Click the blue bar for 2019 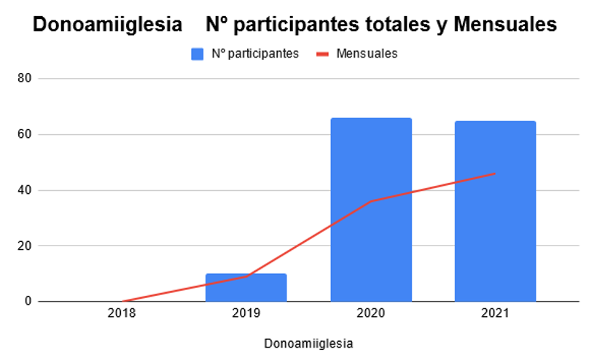pos(246,288)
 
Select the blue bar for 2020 pos(371,209)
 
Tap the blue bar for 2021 pos(495,211)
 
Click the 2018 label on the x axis pos(122,313)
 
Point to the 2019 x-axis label pos(246,313)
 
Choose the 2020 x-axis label pos(371,313)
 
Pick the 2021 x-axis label pos(495,313)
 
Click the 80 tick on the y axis pos(24,78)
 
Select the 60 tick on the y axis pos(24,134)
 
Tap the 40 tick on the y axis pos(24,190)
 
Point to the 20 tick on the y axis pos(24,246)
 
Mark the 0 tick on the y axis pos(28,301)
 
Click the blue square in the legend pos(198,54)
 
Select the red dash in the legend pos(322,55)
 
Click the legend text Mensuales pos(367,54)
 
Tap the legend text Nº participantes pos(255,54)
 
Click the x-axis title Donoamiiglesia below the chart pos(308,343)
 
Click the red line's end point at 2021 pos(495,173)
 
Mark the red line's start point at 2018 pos(122,301)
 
